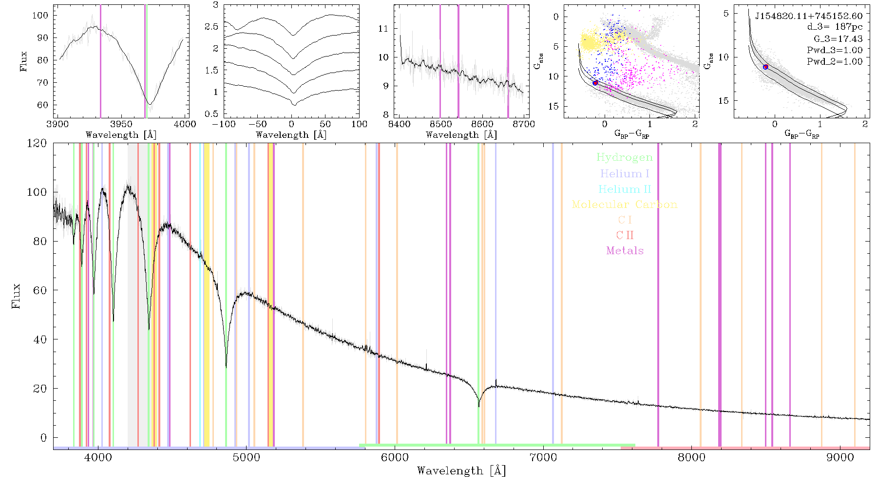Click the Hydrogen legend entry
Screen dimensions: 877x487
[x=624, y=158]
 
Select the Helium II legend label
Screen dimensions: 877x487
[x=625, y=189]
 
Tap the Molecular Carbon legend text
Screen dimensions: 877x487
[x=625, y=205]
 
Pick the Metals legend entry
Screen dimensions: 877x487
[x=625, y=251]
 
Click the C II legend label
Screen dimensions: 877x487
[x=625, y=235]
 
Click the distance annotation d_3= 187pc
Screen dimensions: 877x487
[x=835, y=27]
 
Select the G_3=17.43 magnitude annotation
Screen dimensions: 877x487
[x=838, y=39]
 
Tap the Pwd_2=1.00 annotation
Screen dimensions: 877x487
[x=835, y=62]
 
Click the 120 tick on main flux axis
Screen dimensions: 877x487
[x=37, y=143]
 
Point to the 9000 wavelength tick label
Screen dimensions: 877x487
[x=840, y=457]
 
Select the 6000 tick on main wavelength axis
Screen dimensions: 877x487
[x=395, y=457]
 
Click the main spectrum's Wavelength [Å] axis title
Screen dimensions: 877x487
[x=461, y=471]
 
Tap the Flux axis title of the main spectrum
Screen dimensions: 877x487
[x=16, y=296]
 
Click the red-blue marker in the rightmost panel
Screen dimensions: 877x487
[x=766, y=67]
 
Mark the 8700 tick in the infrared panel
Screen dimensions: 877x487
[x=524, y=124]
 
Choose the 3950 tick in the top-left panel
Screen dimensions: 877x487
[x=121, y=124]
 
